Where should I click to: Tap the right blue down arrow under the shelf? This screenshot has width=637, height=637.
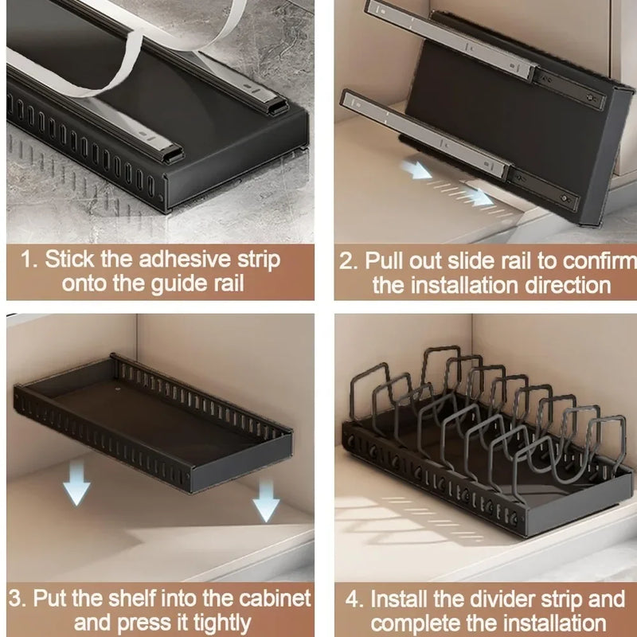[266, 502]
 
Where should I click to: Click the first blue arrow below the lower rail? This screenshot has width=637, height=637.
[416, 168]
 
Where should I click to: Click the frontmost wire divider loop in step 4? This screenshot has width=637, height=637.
[557, 446]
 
